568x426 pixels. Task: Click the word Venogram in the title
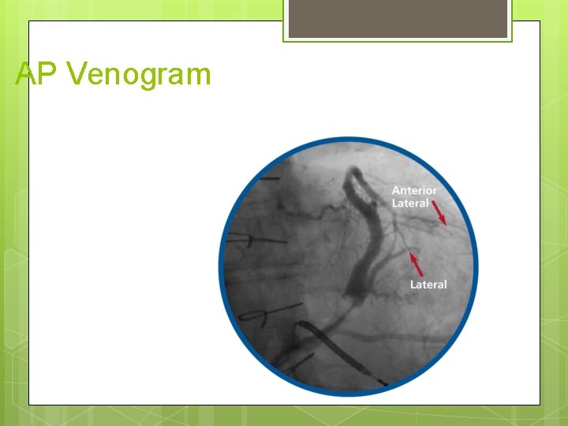pos(140,74)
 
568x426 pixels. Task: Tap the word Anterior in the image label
pos(414,190)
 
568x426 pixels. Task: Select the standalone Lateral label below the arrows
pos(428,284)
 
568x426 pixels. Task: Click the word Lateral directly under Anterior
pos(410,203)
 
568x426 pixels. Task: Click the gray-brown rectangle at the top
pos(398,19)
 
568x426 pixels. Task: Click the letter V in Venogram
pos(77,74)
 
